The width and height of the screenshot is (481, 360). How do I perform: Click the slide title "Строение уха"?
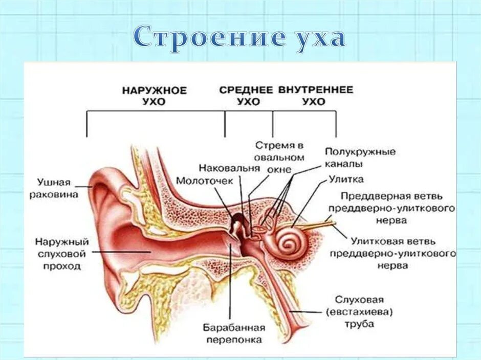point(240,38)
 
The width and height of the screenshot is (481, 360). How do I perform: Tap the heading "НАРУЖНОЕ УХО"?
point(155,96)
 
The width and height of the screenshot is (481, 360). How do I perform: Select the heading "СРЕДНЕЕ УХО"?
point(246,96)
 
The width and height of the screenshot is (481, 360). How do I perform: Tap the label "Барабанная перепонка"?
point(233,333)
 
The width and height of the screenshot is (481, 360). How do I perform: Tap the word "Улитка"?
point(346,179)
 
